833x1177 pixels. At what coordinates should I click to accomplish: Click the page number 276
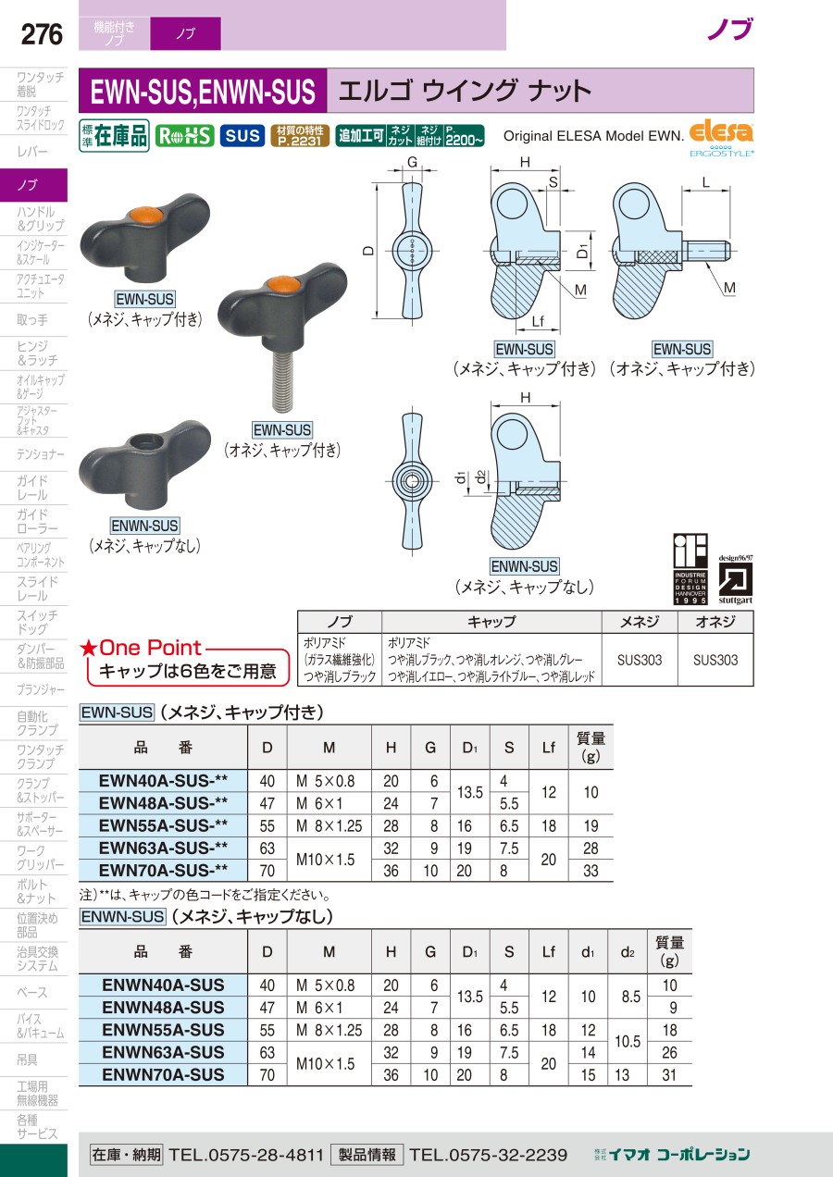pos(42,34)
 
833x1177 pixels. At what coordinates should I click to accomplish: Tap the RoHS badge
pos(184,136)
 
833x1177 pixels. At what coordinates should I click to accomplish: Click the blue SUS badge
pos(242,136)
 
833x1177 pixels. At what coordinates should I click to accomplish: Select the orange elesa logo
pos(721,131)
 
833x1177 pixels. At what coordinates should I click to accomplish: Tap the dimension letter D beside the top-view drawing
pos(368,251)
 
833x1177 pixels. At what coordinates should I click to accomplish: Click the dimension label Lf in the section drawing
pos(538,321)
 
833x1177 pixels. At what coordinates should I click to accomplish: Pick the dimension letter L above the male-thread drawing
pos(706,183)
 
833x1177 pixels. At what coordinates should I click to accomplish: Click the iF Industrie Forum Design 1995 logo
pos(690,569)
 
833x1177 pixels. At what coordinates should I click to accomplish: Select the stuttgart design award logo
pos(735,580)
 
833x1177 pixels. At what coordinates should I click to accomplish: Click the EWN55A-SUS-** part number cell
pos(163,825)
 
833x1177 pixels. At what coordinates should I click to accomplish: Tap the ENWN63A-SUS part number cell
pos(163,1052)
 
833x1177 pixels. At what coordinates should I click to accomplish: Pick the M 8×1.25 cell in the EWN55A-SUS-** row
pos(329,826)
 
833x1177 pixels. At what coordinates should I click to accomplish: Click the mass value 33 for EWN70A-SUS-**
pos(591,871)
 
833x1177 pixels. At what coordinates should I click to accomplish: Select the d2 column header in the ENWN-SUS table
pos(628,952)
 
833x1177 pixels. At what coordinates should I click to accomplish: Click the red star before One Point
pos(88,648)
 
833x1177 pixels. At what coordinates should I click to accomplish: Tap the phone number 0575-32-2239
pos(489,1155)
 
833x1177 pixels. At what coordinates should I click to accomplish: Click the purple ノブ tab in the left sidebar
pos(33,185)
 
